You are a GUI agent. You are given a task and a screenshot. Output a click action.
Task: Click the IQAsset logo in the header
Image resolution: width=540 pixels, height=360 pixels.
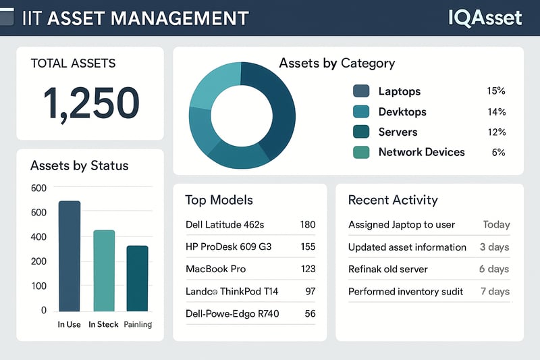coord(485,17)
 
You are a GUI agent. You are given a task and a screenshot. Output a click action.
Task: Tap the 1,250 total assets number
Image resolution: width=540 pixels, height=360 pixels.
coord(90,103)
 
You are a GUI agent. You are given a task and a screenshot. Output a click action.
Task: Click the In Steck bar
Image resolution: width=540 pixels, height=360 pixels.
coord(103,270)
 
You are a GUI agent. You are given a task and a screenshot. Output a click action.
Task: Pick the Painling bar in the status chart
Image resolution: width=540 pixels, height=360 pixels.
coord(137,278)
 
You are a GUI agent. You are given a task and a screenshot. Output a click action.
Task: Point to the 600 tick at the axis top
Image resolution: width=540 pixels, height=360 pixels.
coord(39,188)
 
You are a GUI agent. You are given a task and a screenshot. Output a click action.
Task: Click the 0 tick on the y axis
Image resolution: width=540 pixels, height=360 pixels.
coord(44,311)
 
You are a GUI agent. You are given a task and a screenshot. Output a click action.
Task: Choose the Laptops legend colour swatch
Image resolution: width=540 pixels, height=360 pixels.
coord(361,91)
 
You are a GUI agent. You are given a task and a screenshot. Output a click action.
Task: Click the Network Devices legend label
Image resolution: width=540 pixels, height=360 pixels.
coord(421,152)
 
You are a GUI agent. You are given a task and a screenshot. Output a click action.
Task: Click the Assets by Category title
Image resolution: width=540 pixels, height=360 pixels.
coord(337,63)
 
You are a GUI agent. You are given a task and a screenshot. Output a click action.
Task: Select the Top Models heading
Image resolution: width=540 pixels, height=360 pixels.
coord(219,200)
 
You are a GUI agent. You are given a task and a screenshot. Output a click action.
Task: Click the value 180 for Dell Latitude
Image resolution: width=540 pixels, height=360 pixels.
coord(307,224)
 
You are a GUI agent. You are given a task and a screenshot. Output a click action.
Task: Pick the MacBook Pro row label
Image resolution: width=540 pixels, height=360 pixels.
coord(215,269)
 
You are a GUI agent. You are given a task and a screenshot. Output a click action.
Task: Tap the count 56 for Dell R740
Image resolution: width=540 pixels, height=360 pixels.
coord(310,313)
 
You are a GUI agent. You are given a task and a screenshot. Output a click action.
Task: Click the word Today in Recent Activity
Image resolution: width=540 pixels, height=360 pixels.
coord(496,224)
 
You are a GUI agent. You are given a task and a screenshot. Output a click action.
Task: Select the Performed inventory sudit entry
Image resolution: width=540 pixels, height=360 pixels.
coord(406,291)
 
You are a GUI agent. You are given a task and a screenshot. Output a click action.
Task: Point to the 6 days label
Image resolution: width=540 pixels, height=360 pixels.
coord(493,269)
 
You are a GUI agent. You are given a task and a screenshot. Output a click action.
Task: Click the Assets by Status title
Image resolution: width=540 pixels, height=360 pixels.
coord(79,165)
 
